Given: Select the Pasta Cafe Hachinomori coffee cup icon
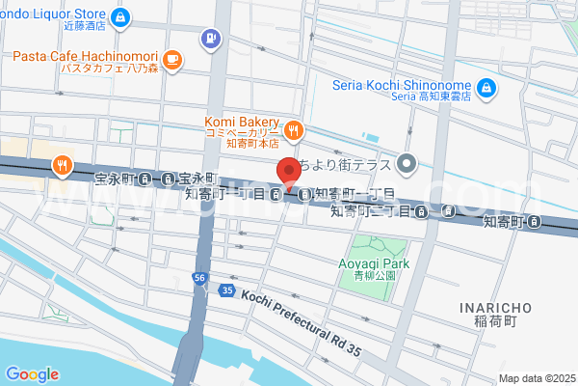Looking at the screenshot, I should [172, 61].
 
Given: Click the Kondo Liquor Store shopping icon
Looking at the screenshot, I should [120, 16].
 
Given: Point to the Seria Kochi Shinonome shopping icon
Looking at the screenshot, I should [487, 89].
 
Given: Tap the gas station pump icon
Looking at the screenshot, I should [209, 39].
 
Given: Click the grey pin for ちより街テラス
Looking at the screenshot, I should [407, 163].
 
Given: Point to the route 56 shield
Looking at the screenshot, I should [198, 277].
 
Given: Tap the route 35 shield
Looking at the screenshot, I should [226, 289].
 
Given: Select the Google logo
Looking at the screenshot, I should [32, 373].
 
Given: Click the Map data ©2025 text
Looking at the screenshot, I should [536, 377].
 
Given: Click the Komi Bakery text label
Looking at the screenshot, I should [241, 122].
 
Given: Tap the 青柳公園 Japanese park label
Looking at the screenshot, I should [376, 274].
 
